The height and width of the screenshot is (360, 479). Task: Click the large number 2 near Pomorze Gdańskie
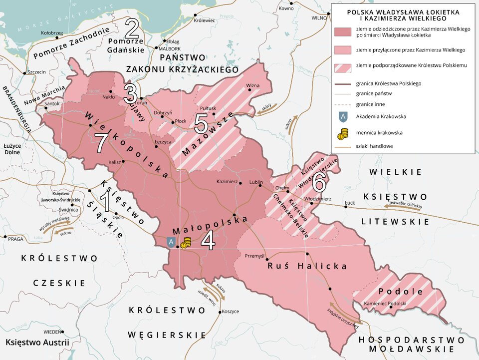[x=132, y=29]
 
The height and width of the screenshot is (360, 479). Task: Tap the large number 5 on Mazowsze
[x=201, y=123]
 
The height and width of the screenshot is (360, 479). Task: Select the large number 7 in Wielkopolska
[x=101, y=143]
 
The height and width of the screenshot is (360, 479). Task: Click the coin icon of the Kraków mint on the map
[x=186, y=243]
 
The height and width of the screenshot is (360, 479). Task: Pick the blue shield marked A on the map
[x=171, y=242]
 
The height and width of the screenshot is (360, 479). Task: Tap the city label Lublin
[x=255, y=182]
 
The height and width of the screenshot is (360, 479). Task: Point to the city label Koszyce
[x=230, y=311]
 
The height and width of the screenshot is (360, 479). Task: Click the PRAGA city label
[x=16, y=239]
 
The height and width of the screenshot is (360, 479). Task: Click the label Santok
[x=52, y=104]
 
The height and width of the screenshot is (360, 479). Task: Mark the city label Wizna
[x=253, y=85]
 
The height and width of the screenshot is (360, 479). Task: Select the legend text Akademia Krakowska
[x=381, y=116]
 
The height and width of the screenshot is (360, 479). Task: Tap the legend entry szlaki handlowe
[x=374, y=146]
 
